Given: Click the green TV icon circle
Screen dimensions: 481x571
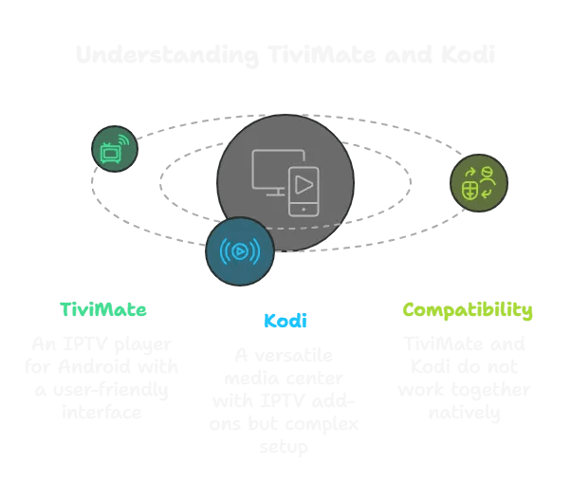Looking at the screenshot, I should pyautogui.click(x=115, y=149).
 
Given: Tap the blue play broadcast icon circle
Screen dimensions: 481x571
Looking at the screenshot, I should pyautogui.click(x=240, y=251).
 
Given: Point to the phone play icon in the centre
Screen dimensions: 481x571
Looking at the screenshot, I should pyautogui.click(x=303, y=188).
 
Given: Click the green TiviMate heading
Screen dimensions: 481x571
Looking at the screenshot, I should pyautogui.click(x=103, y=310).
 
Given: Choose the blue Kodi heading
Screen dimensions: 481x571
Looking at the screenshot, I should pyautogui.click(x=285, y=321).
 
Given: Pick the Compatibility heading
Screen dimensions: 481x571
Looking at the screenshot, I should pyautogui.click(x=467, y=310).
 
